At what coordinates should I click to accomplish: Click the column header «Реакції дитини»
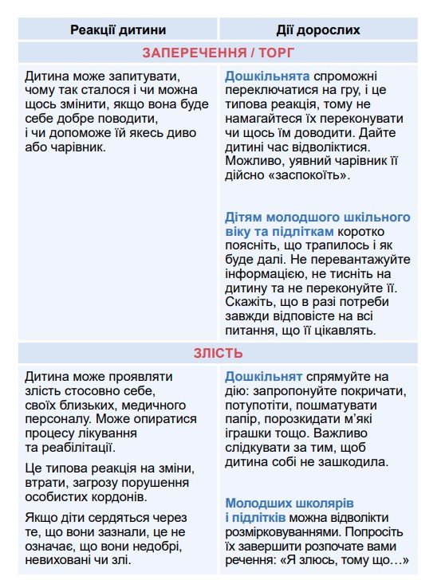tap(118, 29)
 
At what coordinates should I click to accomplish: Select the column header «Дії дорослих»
tap(318, 29)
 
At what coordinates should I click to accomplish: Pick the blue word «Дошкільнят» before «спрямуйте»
tap(263, 375)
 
